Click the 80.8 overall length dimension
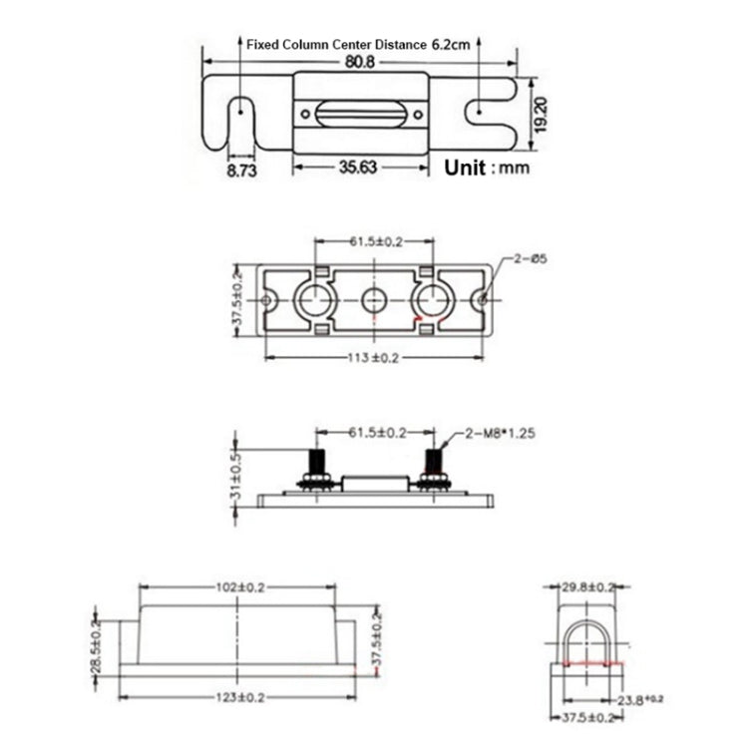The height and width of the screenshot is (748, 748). [x=360, y=62]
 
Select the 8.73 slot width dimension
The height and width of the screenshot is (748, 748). [x=242, y=170]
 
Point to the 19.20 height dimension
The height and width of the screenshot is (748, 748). [x=540, y=114]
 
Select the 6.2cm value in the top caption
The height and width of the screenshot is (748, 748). [x=450, y=45]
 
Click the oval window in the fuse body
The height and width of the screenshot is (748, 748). [x=359, y=113]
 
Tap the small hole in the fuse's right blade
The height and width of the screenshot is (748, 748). [x=481, y=112]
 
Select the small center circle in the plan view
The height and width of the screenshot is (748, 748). [x=375, y=299]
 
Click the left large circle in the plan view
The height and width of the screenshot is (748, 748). [x=314, y=299]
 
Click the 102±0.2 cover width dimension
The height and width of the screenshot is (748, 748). [x=236, y=588]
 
